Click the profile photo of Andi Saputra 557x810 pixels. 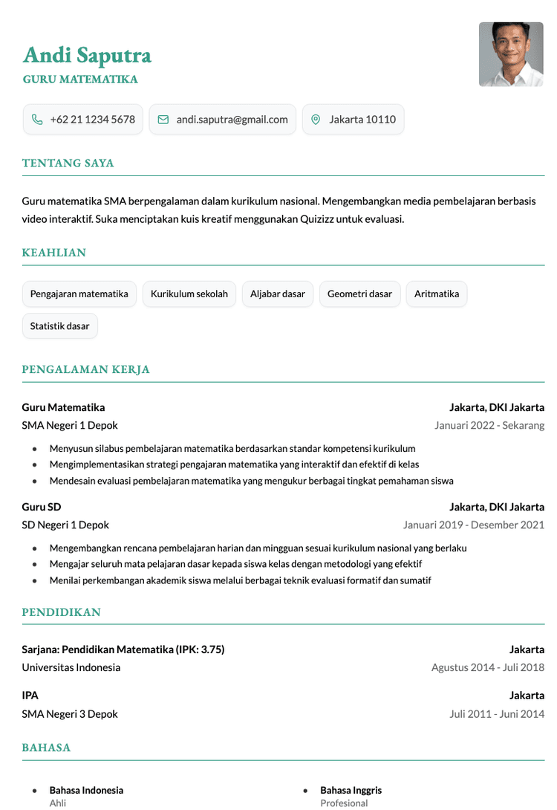(x=511, y=54)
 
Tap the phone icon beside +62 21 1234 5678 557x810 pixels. (x=37, y=119)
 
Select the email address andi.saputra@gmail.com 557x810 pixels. (x=232, y=119)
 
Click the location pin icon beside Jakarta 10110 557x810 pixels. (x=316, y=119)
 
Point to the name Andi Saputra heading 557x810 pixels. (x=87, y=55)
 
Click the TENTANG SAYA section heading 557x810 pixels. (x=68, y=163)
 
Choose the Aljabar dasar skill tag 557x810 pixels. (x=278, y=294)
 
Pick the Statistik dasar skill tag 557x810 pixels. (x=59, y=325)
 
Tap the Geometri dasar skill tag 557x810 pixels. (x=359, y=294)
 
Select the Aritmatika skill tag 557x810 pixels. (x=437, y=294)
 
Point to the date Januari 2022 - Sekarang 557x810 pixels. (x=489, y=425)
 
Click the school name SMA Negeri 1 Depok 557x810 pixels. (x=70, y=425)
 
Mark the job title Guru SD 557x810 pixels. (x=42, y=507)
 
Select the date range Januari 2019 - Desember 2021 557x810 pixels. (x=474, y=525)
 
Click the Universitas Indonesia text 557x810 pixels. (x=71, y=667)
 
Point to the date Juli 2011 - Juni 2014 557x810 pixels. (x=497, y=714)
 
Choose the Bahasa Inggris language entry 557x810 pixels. (x=351, y=790)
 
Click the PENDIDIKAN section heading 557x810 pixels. (x=61, y=612)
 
